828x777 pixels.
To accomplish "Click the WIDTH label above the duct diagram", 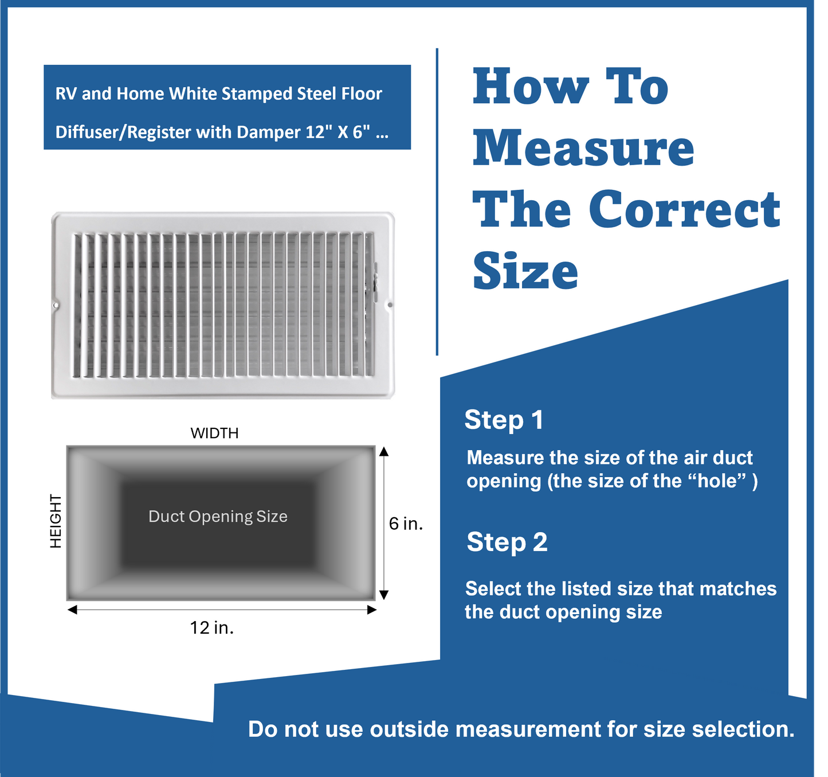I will pos(214,433).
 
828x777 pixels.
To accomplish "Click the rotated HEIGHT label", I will pos(56,521).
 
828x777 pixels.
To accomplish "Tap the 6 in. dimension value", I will pos(406,524).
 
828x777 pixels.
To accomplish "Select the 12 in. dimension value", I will pos(212,628).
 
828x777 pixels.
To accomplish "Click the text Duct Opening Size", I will pos(218,516).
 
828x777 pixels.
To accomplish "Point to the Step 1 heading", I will pos(504,420).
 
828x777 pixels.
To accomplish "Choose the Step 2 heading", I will pos(507,542).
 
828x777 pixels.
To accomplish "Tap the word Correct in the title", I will pos(684,209).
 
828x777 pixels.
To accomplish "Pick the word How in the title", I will pos(531,87).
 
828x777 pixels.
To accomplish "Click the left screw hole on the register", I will pos(56,306).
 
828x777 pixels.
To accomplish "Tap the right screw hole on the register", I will pos(390,305).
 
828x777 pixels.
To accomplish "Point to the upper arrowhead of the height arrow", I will pos(384,452).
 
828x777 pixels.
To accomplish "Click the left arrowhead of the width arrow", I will pos(72,610).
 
